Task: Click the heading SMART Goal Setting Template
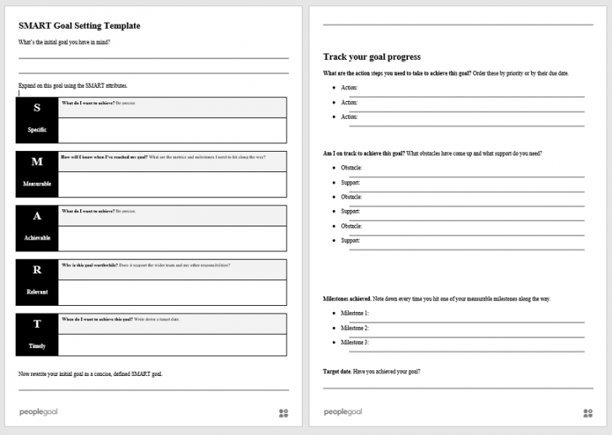[79, 26]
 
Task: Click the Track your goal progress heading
[371, 57]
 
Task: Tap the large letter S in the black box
[37, 108]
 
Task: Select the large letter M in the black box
[37, 162]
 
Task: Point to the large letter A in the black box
[37, 216]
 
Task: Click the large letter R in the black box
[37, 270]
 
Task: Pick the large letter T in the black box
[37, 324]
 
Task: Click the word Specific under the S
[37, 130]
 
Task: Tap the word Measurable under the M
[37, 184]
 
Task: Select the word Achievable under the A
[37, 238]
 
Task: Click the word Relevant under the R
[37, 292]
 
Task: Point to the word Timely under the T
[37, 346]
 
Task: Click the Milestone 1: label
[354, 313]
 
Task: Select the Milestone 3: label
[354, 342]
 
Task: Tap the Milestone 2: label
[354, 328]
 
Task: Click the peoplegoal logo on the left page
[38, 412]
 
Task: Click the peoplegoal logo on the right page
[343, 412]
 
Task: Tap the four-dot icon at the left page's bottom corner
[283, 413]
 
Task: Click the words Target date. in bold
[336, 372]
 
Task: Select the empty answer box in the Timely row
[172, 345]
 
